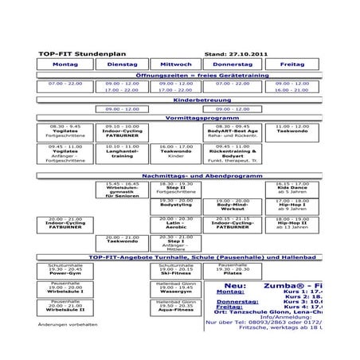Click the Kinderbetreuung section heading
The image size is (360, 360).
179,100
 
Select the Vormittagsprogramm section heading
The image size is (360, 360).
179,117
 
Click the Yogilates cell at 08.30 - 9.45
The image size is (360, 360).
65,131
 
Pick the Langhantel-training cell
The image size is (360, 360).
122,151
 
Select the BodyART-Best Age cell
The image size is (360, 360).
233,131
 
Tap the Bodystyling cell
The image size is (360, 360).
176,205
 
